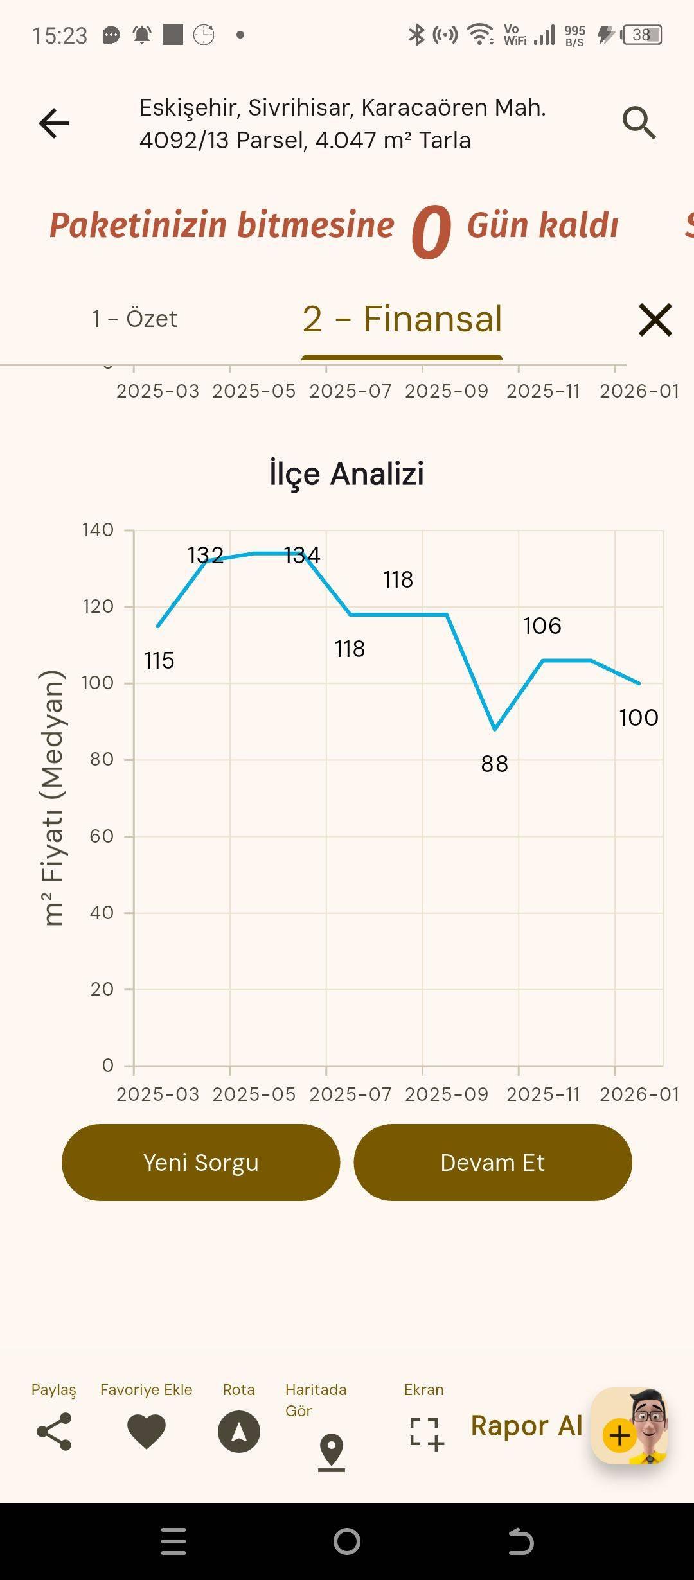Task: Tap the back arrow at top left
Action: tap(54, 123)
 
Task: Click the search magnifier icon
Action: tap(639, 123)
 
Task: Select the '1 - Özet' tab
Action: tap(134, 319)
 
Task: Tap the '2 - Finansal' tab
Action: tap(402, 319)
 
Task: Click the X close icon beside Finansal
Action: tap(655, 320)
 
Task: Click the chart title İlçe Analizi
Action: tap(347, 473)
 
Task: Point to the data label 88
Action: tap(495, 764)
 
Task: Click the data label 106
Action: tap(542, 626)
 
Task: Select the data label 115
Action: tap(159, 660)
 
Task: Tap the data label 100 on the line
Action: tap(639, 717)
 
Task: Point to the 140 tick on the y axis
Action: tap(98, 530)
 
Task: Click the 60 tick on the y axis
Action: tap(102, 836)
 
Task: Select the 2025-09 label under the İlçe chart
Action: tap(447, 1094)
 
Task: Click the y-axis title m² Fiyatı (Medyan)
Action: tap(53, 798)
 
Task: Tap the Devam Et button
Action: tap(493, 1163)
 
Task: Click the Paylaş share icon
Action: tap(54, 1432)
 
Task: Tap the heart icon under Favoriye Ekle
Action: tap(147, 1432)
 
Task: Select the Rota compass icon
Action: tap(239, 1432)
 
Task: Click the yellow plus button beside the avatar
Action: tap(619, 1435)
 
